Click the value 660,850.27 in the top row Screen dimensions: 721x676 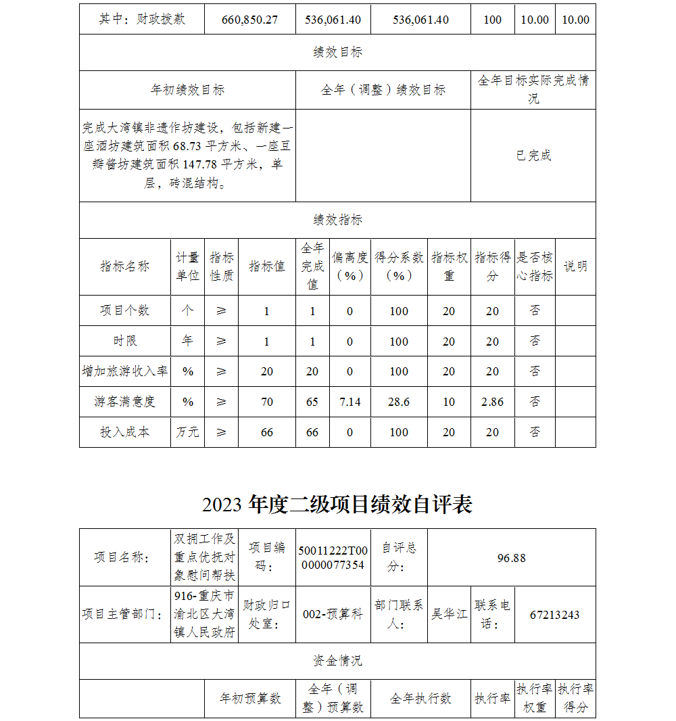tap(249, 20)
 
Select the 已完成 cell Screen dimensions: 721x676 tap(533, 156)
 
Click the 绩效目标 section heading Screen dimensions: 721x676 tap(337, 53)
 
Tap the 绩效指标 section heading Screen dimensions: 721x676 tap(337, 220)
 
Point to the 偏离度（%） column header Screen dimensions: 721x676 tap(350, 266)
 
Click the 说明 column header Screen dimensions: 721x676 tap(575, 266)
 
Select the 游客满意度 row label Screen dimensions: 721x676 tap(125, 402)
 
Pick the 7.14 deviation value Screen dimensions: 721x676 tap(350, 402)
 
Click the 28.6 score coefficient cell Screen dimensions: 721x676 tap(399, 402)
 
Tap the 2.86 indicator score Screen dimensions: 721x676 tap(492, 402)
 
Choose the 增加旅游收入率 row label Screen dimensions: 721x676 tap(125, 371)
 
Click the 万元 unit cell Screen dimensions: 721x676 tap(187, 432)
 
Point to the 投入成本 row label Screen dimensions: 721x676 tap(125, 432)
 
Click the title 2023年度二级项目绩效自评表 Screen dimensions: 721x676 tap(337, 505)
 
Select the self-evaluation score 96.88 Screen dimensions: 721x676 tap(511, 558)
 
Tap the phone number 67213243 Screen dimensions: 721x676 tap(554, 615)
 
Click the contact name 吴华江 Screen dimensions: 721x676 tap(450, 615)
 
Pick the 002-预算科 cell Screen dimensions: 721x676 tap(333, 615)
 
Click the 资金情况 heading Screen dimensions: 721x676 tap(337, 661)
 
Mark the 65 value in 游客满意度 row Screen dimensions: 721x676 tap(312, 402)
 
